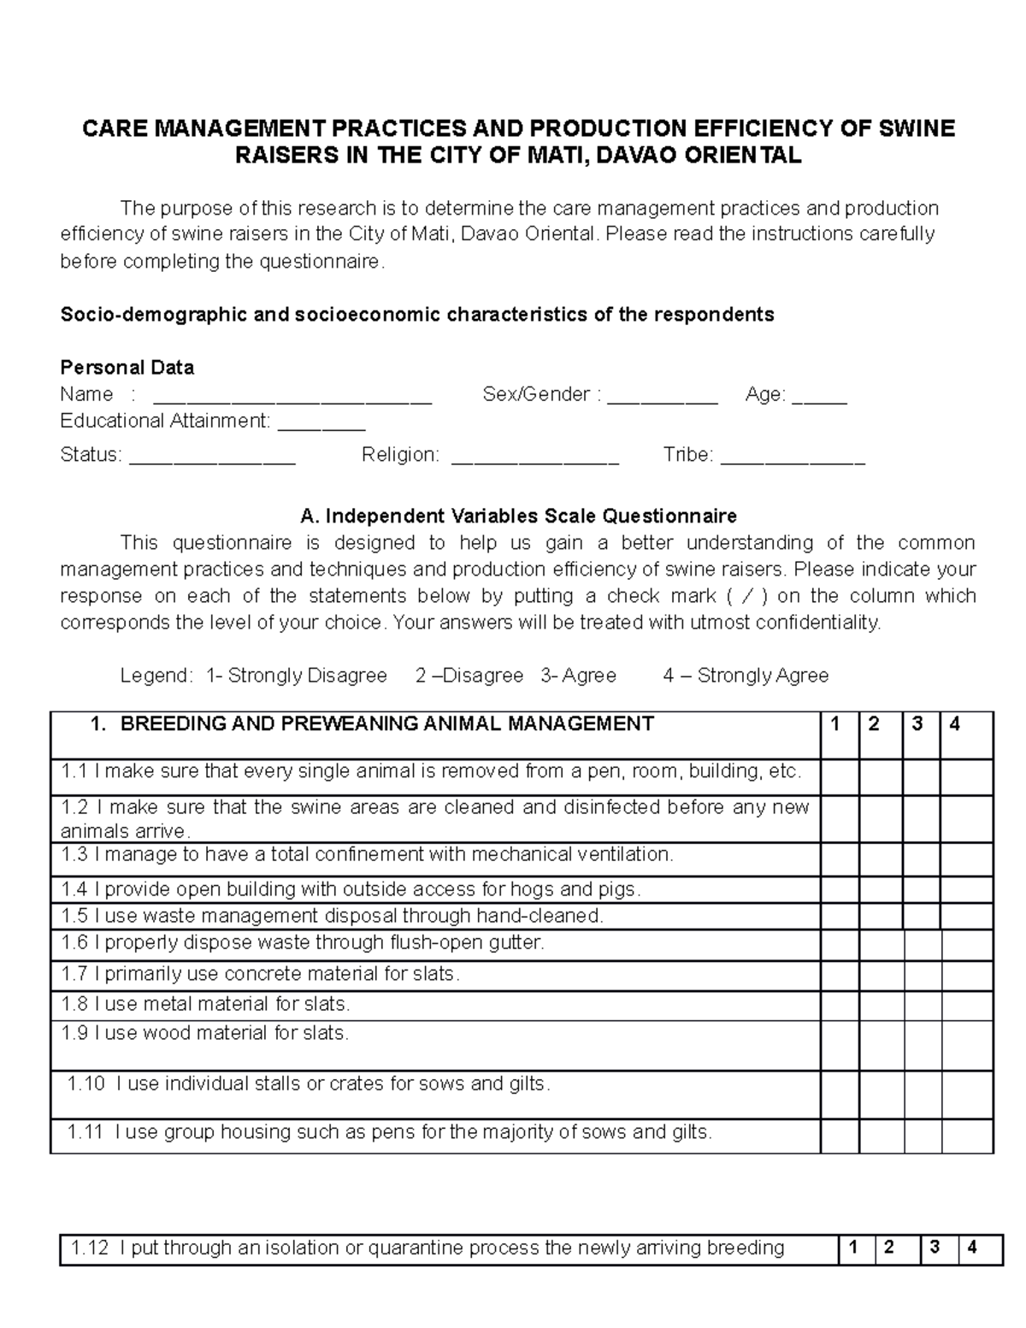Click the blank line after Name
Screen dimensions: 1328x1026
coord(292,397)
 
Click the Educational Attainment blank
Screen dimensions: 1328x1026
coord(322,423)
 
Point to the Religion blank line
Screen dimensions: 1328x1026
coord(534,457)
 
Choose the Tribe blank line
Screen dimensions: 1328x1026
coord(793,457)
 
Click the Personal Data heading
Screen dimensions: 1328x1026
coord(127,368)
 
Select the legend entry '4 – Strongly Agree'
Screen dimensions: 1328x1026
coord(746,676)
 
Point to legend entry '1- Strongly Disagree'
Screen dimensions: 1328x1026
coord(296,676)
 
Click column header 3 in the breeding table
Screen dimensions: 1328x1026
coord(917,725)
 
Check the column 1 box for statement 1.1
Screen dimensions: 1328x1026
coord(840,777)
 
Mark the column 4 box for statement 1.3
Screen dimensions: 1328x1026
coord(966,859)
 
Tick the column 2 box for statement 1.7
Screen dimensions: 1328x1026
coord(882,976)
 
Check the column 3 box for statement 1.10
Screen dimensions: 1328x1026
coord(923,1095)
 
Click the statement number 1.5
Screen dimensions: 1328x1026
coord(74,916)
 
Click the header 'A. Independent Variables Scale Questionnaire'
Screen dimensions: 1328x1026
coord(518,516)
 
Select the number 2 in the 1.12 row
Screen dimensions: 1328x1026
coord(889,1248)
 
